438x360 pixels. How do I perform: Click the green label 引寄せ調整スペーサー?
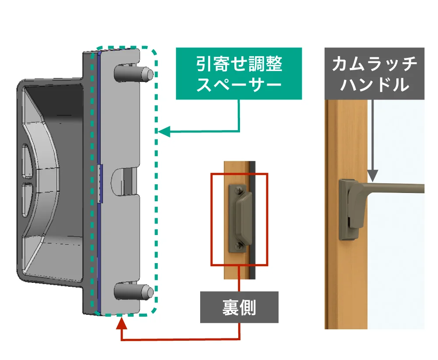239,73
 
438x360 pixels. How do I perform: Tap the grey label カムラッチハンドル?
374,73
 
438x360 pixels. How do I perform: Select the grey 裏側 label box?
239,307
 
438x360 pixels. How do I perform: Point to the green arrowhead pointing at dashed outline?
163,131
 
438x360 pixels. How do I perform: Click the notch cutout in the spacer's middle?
125,181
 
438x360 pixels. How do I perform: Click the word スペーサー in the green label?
239,84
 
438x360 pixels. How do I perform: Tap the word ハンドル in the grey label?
374,84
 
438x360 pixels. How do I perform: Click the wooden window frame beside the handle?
346,281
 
